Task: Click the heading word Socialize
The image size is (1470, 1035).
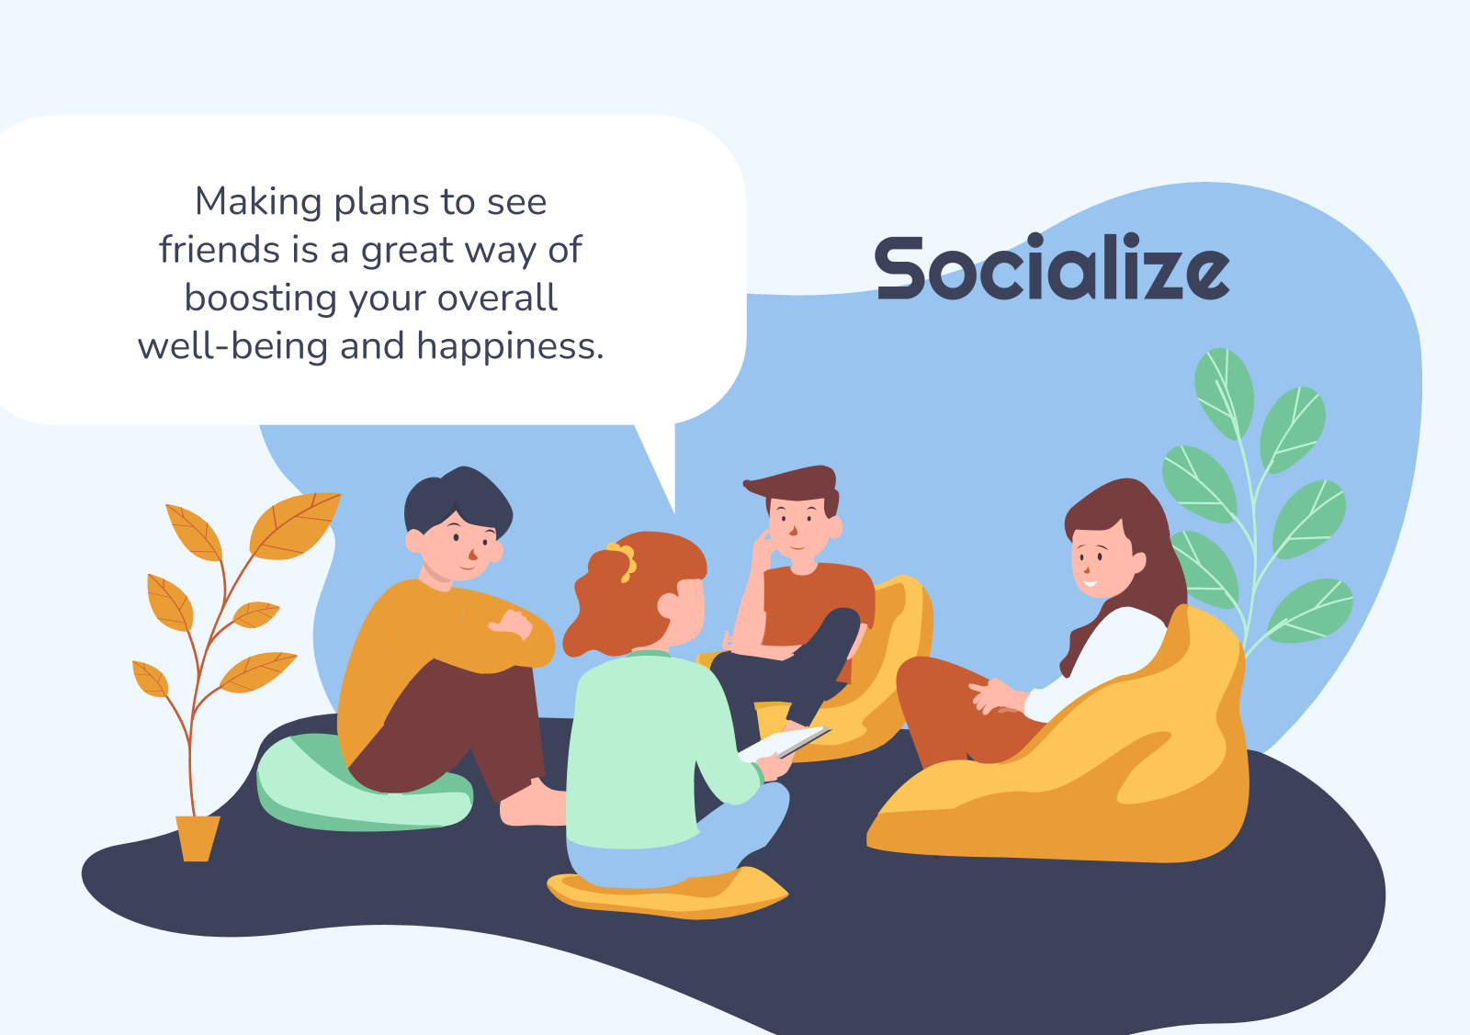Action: [x=1052, y=267]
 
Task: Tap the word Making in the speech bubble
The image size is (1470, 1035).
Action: [x=258, y=203]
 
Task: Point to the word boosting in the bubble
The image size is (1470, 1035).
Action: [x=261, y=299]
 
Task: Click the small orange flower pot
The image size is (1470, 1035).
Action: [x=198, y=838]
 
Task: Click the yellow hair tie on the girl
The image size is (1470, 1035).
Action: [x=624, y=561]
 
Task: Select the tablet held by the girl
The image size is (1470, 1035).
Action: [x=785, y=742]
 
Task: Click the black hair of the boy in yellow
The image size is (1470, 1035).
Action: [x=459, y=499]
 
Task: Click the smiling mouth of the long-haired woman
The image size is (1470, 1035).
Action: [x=1090, y=583]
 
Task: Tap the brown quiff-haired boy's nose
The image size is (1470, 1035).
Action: [x=793, y=529]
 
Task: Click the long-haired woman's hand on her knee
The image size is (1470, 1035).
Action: [x=996, y=696]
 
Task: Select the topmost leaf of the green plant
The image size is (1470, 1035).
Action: [x=1223, y=394]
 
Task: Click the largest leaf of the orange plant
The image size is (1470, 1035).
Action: [x=295, y=525]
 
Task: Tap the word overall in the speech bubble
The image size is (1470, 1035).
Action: [x=497, y=298]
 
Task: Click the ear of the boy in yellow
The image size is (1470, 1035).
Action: [x=414, y=541]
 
